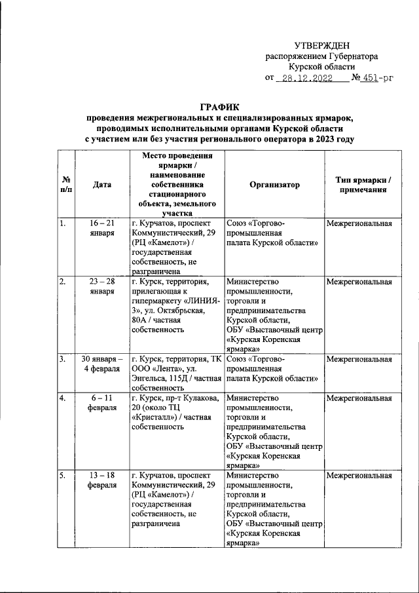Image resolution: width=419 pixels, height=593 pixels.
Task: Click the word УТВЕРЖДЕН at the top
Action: (321, 45)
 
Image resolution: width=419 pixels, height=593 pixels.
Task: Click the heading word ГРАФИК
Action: (219, 107)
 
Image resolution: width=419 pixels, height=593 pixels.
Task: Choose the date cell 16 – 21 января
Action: (102, 228)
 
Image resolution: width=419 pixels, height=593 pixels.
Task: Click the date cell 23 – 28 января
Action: (102, 286)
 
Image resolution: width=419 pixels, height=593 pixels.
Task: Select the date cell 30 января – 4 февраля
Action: (102, 364)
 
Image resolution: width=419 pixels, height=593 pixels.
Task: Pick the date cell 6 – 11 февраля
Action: (102, 402)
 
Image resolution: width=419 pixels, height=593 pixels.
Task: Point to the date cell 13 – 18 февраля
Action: (102, 480)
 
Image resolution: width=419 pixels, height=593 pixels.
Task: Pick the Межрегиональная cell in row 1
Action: (359, 223)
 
